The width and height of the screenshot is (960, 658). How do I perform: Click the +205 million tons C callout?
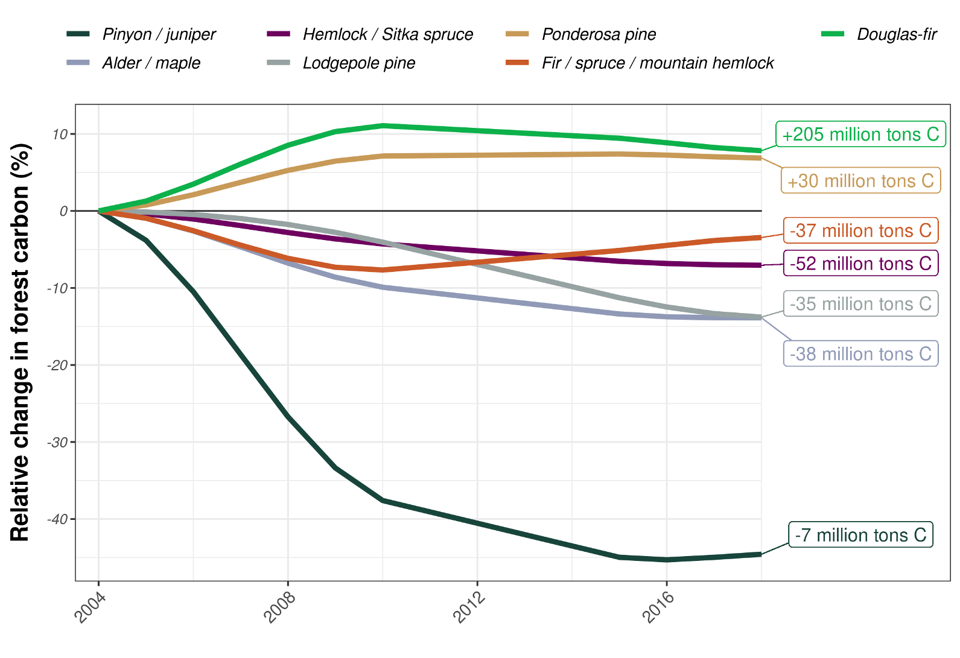[x=860, y=134]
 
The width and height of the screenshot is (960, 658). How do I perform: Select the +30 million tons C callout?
[x=860, y=180]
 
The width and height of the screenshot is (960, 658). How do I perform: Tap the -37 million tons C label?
[x=860, y=230]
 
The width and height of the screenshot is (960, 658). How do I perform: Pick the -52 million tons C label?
[x=860, y=264]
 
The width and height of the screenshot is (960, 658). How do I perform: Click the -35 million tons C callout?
[x=860, y=303]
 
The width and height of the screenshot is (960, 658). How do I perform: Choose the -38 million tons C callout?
[x=860, y=353]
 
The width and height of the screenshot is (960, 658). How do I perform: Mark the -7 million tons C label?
[x=860, y=535]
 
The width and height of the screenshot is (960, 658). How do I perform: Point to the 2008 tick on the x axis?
[x=280, y=606]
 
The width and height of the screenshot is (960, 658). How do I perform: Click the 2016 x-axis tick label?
[x=658, y=606]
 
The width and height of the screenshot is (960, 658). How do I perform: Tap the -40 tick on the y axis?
[x=58, y=519]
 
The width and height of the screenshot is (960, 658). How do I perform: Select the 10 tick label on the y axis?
[x=60, y=134]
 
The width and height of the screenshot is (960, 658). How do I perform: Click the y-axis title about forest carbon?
[x=20, y=343]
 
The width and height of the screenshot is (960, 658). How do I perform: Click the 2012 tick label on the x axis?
[x=469, y=606]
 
